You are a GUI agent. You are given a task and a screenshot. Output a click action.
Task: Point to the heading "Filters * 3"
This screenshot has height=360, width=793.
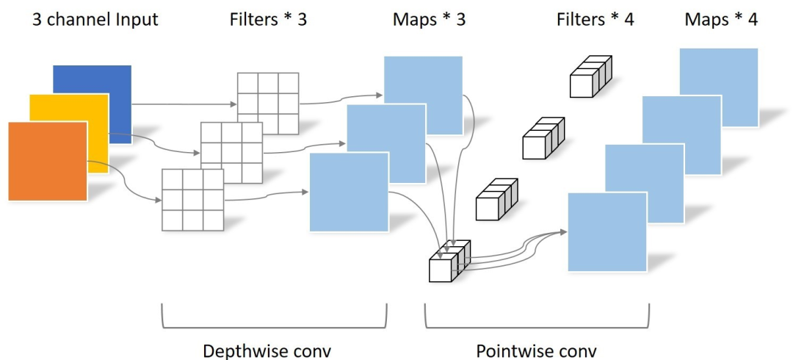point(267,20)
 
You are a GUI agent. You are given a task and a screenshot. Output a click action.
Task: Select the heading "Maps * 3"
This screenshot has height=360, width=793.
point(429,20)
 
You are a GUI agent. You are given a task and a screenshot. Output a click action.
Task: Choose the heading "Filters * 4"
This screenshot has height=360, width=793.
point(595,20)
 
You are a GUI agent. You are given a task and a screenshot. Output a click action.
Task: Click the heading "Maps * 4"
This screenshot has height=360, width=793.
point(720,20)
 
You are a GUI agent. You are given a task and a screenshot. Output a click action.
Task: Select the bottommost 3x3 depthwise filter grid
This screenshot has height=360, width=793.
point(192,200)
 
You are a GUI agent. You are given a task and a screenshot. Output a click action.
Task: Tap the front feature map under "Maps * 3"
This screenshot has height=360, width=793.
point(349,192)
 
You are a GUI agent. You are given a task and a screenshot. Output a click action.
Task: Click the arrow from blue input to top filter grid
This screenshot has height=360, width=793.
point(184,104)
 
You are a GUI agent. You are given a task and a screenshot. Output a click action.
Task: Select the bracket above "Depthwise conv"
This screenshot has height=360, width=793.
point(273,321)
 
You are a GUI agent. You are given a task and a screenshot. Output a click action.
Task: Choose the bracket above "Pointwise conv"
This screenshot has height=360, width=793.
point(537,321)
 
